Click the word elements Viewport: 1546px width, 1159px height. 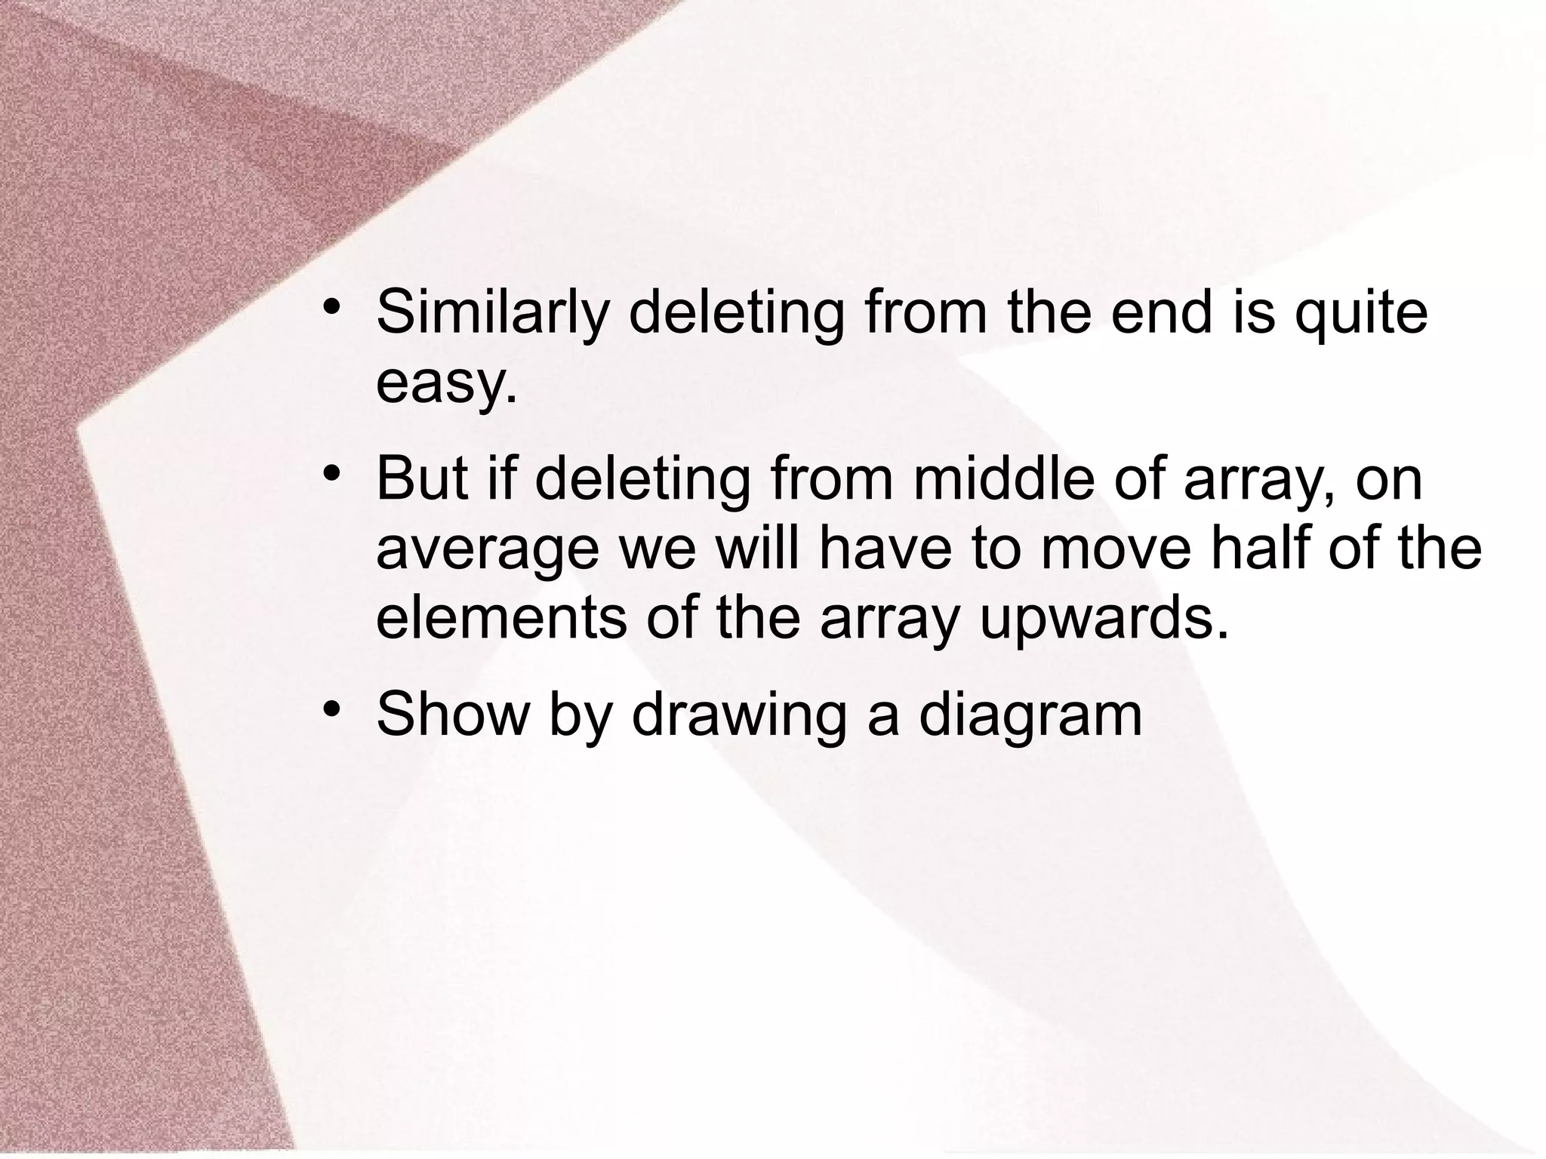click(x=500, y=617)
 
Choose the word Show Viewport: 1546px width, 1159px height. click(x=452, y=714)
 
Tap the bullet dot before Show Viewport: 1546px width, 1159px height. click(x=330, y=709)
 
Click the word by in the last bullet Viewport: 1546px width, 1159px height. click(x=578, y=714)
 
